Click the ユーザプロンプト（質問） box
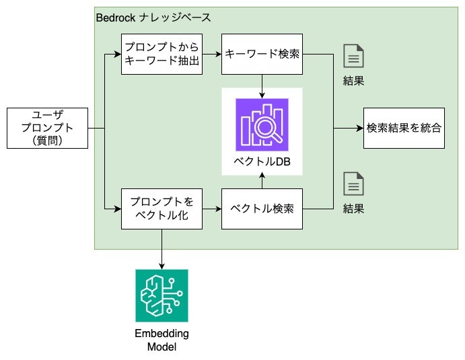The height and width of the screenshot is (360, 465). coord(46,128)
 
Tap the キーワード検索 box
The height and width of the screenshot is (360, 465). coord(262,53)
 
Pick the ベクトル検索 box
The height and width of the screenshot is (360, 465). coord(262,209)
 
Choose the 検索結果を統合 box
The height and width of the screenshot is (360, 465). coord(404,128)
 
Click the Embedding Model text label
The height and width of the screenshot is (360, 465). coord(162,340)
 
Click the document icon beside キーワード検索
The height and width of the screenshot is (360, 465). coord(353,55)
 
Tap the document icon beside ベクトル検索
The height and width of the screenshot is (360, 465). coord(353,184)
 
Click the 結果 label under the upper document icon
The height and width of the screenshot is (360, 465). coord(353,81)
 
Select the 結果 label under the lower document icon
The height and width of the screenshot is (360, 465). coord(353,209)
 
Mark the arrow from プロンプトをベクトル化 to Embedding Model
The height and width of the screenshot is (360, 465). coord(162,249)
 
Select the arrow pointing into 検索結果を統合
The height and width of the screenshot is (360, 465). coord(350,128)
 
